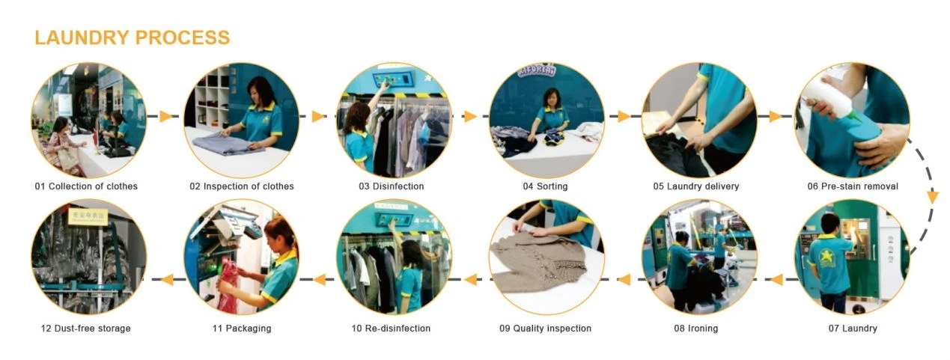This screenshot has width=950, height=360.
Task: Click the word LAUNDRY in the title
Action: tap(82, 37)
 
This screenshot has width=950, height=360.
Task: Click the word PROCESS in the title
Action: tap(183, 37)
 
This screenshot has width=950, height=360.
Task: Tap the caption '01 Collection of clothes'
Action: tap(86, 186)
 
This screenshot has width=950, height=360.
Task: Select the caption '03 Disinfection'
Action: tap(391, 186)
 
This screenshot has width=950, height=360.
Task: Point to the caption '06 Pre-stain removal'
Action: tap(853, 186)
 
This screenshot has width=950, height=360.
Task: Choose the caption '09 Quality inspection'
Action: tap(545, 329)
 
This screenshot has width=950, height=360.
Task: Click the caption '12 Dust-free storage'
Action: tap(85, 329)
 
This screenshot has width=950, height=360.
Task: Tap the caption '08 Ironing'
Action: tap(696, 329)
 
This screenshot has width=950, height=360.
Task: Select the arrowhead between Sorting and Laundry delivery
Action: tap(624, 116)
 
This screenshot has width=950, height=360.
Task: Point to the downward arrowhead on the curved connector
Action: tap(933, 197)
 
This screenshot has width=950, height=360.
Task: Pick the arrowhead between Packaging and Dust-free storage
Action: tap(168, 279)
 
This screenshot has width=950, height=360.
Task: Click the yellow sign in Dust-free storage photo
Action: tap(88, 217)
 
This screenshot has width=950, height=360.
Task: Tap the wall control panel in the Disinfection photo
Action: tap(392, 79)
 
